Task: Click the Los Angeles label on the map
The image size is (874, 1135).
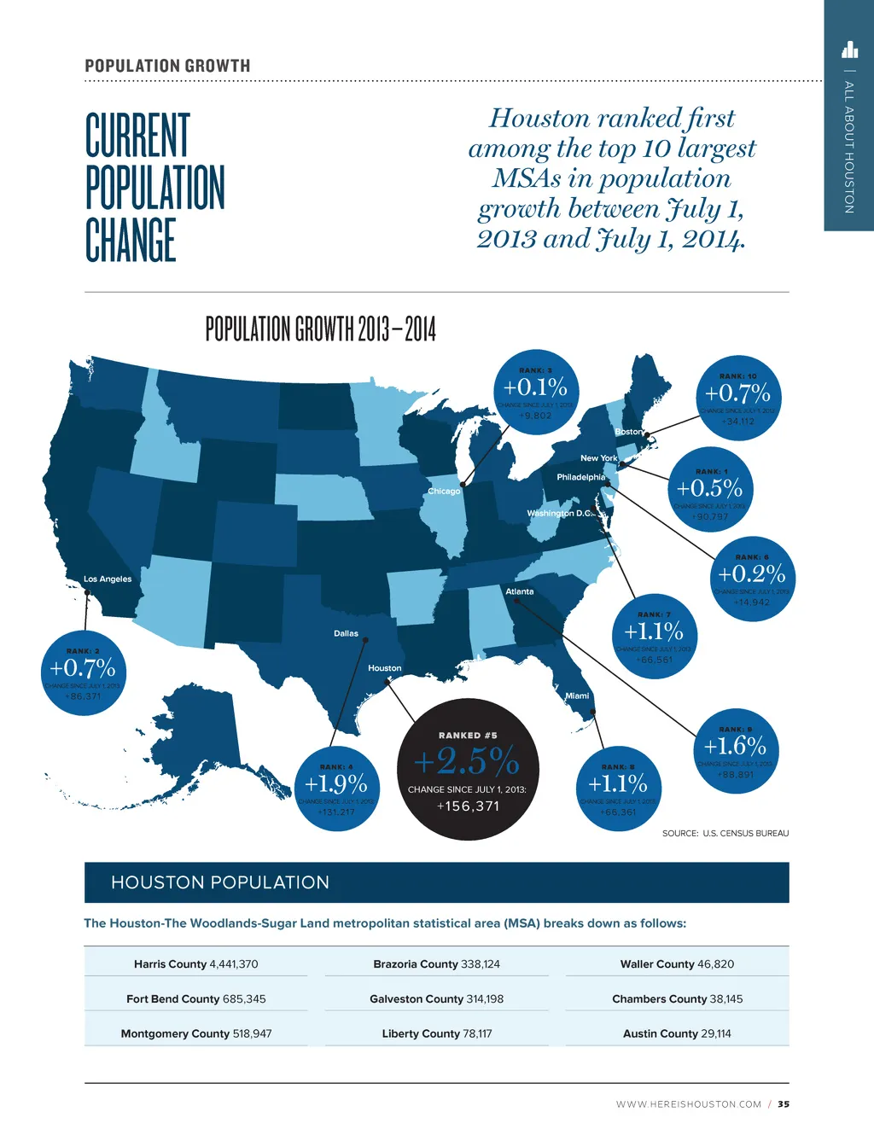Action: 108,579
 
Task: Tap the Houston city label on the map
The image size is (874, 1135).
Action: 384,668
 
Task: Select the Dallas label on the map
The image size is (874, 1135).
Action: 346,633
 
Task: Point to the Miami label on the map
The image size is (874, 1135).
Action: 577,696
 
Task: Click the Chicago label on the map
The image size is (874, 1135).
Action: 444,491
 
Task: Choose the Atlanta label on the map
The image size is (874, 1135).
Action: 519,591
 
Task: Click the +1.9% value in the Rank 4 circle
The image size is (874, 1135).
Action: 336,783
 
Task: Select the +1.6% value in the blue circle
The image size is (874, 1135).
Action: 735,746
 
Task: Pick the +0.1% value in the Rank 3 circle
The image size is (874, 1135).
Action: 535,387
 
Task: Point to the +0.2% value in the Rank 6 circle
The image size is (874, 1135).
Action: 752,573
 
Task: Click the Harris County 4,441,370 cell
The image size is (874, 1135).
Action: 195,964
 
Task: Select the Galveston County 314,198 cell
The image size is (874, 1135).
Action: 436,998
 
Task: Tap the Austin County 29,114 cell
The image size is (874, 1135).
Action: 677,1033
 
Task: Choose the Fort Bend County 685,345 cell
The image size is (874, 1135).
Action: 195,998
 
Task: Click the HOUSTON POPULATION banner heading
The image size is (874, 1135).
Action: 220,882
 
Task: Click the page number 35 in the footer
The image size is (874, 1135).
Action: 784,1104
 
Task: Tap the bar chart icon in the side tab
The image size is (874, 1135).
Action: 849,49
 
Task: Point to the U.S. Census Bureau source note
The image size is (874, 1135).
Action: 725,833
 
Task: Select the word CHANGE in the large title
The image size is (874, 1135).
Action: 131,240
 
